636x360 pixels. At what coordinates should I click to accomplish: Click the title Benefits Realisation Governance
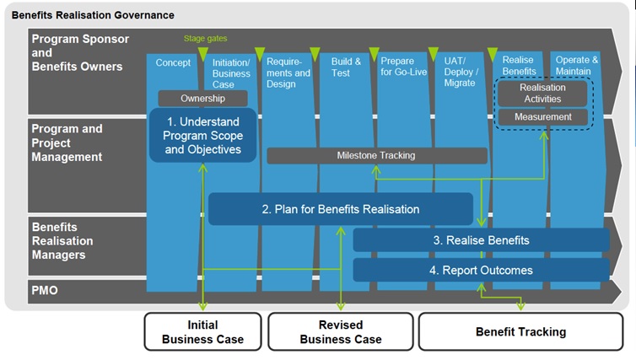pyautogui.click(x=94, y=15)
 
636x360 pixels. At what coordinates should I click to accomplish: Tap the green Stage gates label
pyautogui.click(x=205, y=38)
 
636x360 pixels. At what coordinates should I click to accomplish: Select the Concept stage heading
pyautogui.click(x=173, y=62)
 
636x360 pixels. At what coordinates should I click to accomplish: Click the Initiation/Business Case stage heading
pyautogui.click(x=231, y=73)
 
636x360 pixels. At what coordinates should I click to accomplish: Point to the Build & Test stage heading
pyautogui.click(x=346, y=67)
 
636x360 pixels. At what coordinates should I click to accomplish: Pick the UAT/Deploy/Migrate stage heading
pyautogui.click(x=460, y=72)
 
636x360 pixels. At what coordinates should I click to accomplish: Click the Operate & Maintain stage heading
pyautogui.click(x=577, y=66)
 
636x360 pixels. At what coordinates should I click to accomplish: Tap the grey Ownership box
pyautogui.click(x=202, y=99)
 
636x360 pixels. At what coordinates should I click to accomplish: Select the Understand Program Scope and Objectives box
pyautogui.click(x=202, y=136)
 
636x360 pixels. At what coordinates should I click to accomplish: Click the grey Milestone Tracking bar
pyautogui.click(x=376, y=155)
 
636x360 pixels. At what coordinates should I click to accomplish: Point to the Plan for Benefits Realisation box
pyautogui.click(x=340, y=209)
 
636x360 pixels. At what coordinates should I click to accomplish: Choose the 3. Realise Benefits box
pyautogui.click(x=481, y=240)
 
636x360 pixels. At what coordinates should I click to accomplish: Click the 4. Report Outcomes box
pyautogui.click(x=481, y=271)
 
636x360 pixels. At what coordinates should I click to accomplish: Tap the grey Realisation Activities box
pyautogui.click(x=542, y=93)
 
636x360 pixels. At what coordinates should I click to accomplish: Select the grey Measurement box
pyautogui.click(x=542, y=117)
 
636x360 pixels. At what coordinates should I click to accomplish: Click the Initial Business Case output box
pyautogui.click(x=202, y=332)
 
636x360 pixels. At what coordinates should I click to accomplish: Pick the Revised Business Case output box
pyautogui.click(x=341, y=332)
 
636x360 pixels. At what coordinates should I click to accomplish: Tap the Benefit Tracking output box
pyautogui.click(x=520, y=332)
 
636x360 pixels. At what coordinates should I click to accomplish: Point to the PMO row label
pyautogui.click(x=46, y=291)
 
